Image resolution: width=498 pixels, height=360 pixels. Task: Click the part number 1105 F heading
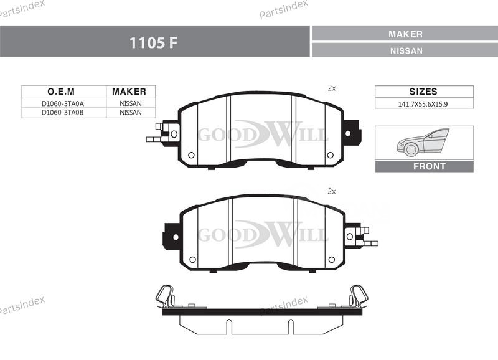[153, 42]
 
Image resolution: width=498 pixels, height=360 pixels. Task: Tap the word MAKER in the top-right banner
[406, 34]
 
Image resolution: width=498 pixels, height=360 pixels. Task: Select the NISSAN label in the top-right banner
[406, 51]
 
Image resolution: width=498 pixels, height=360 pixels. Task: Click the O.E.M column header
[61, 92]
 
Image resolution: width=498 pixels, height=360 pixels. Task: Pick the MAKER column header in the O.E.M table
[129, 92]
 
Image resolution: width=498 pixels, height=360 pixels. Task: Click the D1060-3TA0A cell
[63, 103]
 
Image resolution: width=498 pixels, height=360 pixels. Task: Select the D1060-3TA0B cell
[63, 113]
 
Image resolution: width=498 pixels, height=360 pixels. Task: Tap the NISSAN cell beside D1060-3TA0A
[131, 103]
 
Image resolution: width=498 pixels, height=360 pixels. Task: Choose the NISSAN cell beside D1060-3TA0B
[131, 113]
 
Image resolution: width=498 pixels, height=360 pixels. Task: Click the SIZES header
[423, 92]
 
